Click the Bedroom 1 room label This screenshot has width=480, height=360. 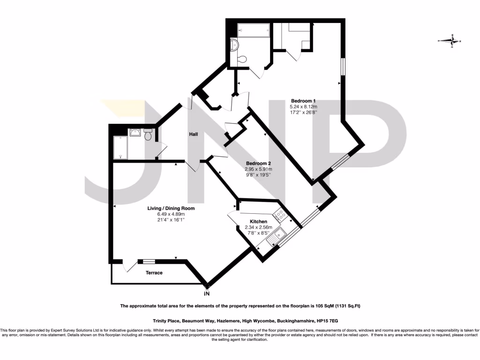304,101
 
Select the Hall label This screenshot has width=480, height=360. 193,135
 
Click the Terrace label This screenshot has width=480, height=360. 154,272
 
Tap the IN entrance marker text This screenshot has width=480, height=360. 207,293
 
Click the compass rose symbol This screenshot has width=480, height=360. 452,41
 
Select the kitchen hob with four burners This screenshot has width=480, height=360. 281,216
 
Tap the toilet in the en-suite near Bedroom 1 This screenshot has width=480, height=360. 241,60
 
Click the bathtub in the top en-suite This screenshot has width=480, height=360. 253,30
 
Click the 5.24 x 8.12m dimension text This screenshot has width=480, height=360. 304,106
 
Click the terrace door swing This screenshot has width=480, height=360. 127,266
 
